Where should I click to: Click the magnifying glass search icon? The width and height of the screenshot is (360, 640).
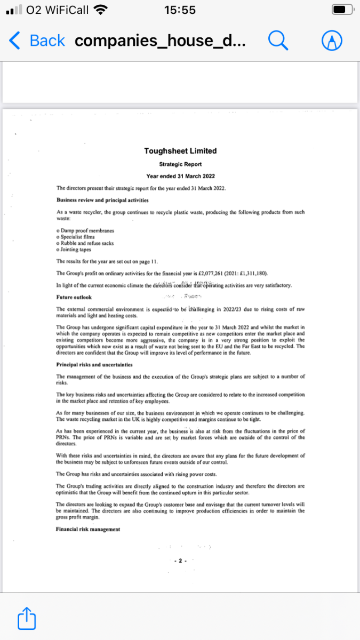coord(277,40)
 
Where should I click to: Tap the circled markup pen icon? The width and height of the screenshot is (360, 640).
coord(332,40)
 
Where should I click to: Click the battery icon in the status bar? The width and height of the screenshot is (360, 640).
coord(342,10)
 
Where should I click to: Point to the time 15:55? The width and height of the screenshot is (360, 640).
coord(180,10)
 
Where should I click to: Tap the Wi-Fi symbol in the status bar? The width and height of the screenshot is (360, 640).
coord(100,10)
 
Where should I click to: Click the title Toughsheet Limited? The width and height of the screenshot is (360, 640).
coord(180,151)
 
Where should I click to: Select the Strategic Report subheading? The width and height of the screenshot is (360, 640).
coord(180,164)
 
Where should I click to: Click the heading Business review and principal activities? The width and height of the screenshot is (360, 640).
coord(102,200)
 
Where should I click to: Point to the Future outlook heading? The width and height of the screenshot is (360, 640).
coord(74,297)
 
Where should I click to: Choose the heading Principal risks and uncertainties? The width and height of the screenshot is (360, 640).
coord(95,364)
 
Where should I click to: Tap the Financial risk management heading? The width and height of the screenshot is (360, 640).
coord(88,529)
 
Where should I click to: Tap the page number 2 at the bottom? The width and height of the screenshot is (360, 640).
coord(180,561)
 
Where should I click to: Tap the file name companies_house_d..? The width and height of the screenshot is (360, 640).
coord(160,41)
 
